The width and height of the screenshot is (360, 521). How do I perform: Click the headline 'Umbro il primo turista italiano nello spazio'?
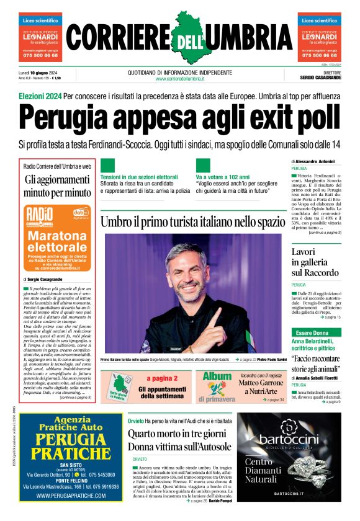tap(192, 221)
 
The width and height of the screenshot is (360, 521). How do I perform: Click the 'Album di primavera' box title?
tap(217, 380)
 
